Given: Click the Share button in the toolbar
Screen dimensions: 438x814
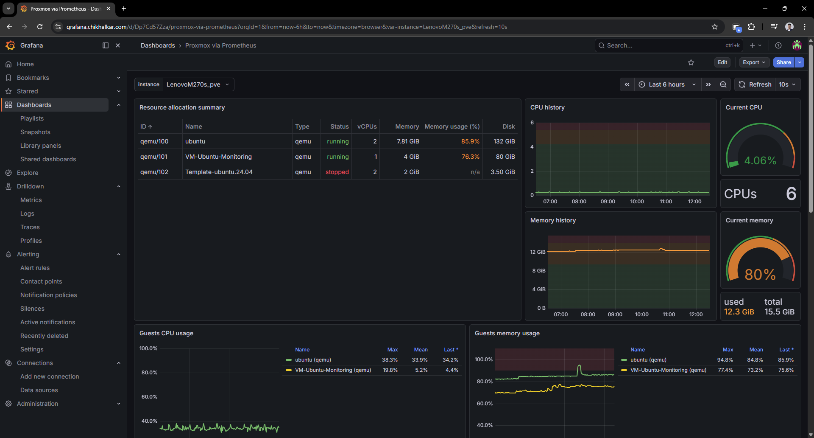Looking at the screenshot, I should click(783, 62).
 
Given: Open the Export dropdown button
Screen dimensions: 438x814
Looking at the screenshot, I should click(754, 62).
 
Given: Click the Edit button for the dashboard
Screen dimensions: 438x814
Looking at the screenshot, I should click(722, 62).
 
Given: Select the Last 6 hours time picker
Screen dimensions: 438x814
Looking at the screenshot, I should click(667, 84).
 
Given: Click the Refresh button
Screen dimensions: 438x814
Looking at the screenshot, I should click(755, 84).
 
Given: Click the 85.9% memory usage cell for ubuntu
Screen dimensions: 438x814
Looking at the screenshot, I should click(470, 141).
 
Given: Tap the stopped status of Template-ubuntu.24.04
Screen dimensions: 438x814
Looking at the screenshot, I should click(337, 172).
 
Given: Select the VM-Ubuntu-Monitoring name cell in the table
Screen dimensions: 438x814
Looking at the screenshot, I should click(218, 157).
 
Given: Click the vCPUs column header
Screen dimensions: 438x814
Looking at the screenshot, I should click(367, 126).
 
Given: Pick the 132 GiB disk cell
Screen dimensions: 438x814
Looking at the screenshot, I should click(504, 141).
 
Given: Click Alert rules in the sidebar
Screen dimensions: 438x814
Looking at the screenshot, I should click(35, 268).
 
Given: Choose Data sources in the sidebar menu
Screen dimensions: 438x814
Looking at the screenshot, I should click(39, 390).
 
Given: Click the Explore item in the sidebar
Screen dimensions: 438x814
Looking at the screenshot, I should click(28, 173).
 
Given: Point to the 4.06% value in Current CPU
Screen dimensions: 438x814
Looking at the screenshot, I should click(760, 161).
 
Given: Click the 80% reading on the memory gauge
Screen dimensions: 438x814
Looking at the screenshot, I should click(760, 275).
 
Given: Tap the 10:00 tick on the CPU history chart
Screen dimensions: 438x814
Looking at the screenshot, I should click(637, 202).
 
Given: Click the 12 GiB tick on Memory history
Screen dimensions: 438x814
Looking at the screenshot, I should click(538, 252).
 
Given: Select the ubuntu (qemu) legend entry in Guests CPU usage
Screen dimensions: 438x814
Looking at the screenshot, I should click(313, 360).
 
